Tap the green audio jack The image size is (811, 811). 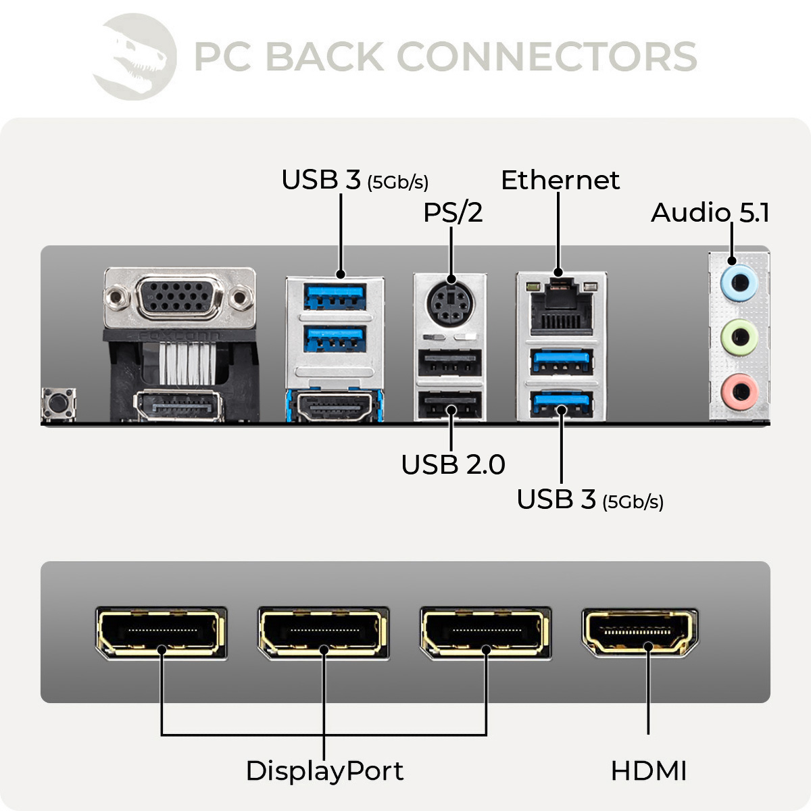pos(739,336)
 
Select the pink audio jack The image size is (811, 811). pos(739,391)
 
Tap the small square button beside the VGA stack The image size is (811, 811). pos(59,403)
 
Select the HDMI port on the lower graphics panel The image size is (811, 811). pos(640,633)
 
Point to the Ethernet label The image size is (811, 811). pos(560,180)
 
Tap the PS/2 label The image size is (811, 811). pos(453,213)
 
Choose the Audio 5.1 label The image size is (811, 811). pos(710,213)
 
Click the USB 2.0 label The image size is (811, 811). pos(453,465)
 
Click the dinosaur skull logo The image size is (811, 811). pos(135,57)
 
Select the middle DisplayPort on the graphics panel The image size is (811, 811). pos(323,633)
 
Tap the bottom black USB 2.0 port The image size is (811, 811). pos(449,405)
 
